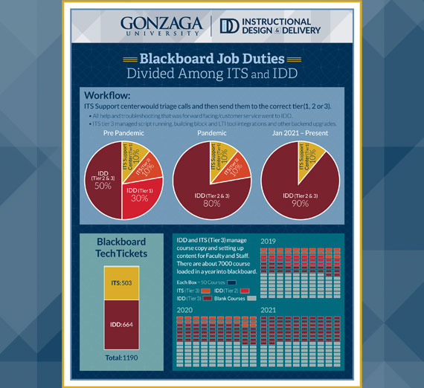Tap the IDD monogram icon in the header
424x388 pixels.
(230, 25)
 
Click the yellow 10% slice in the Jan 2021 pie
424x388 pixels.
(312, 157)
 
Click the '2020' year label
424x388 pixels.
(185, 308)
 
